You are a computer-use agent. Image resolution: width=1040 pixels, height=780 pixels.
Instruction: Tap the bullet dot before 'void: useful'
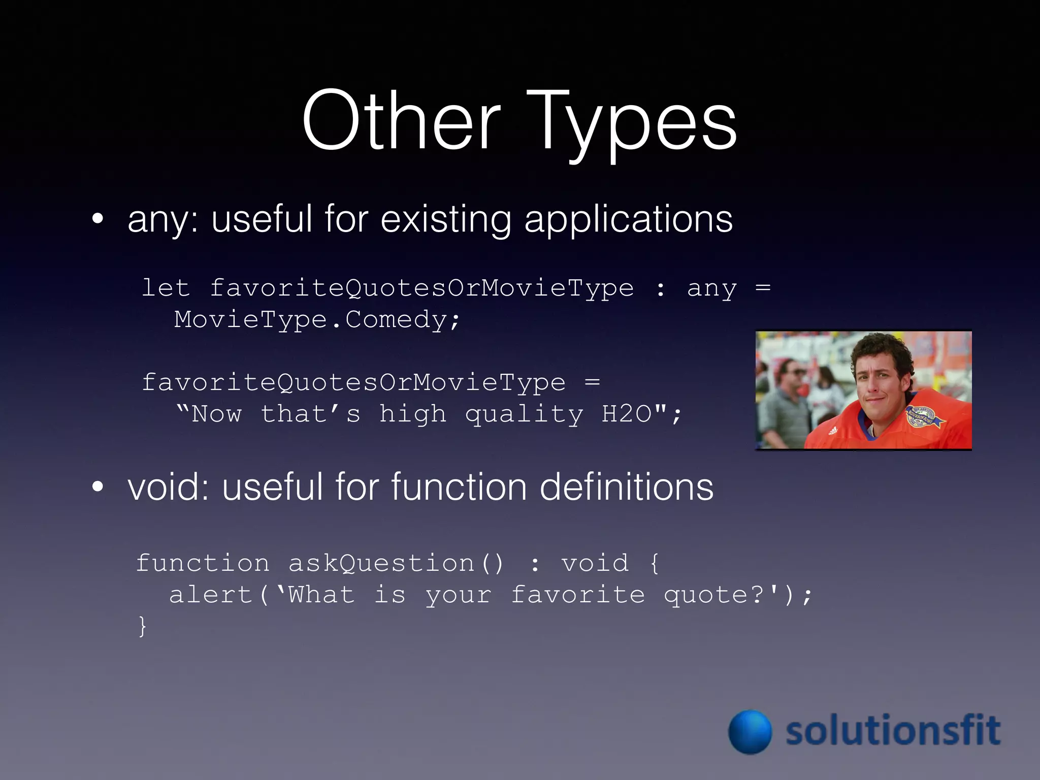coord(98,486)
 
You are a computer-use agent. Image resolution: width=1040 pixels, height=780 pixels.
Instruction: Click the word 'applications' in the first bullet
coord(628,219)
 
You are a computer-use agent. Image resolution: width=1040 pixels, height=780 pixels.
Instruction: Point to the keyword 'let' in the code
coord(166,288)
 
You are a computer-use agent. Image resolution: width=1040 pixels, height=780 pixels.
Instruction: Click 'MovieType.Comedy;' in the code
coord(317,319)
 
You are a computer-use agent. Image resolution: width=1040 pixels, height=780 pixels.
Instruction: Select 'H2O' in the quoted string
coord(627,413)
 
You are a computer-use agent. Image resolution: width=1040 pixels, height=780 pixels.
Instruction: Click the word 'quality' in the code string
coord(524,414)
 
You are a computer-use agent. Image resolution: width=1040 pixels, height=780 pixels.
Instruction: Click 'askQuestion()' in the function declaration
coord(396,563)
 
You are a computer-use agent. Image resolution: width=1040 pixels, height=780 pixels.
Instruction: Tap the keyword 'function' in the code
coord(203,563)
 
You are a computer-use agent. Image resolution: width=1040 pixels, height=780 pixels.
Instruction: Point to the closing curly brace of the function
coord(143,626)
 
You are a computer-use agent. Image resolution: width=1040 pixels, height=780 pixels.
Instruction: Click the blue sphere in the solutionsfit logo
coord(750,732)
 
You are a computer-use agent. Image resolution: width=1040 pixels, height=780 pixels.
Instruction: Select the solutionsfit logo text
coord(893,730)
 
